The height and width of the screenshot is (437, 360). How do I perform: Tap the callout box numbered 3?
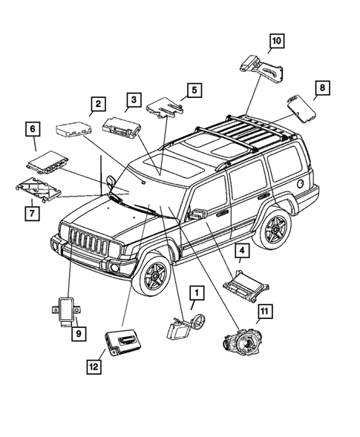click(133, 98)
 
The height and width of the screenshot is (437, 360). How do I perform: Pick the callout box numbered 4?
click(243, 251)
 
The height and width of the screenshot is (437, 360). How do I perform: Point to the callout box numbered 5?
click(194, 91)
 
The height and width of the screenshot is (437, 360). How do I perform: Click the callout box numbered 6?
click(33, 130)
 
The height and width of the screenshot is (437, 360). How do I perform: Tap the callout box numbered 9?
click(77, 334)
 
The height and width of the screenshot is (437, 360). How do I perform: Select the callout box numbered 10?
click(275, 42)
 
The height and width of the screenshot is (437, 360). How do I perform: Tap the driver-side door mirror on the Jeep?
click(197, 214)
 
